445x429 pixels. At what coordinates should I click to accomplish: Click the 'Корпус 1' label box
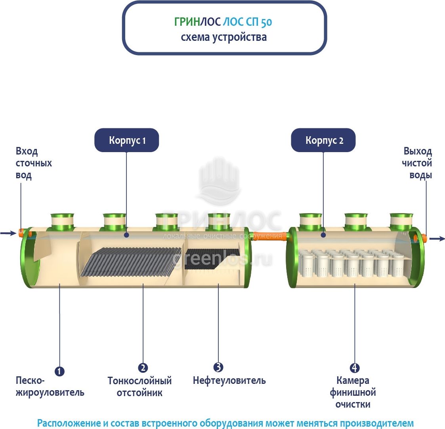[x=127, y=140]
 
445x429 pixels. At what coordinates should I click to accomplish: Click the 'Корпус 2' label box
[x=323, y=140]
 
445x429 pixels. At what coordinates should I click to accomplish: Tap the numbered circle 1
[x=59, y=371]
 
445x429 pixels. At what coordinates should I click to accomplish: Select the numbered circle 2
[x=143, y=368]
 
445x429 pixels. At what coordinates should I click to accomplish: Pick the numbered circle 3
[x=218, y=367]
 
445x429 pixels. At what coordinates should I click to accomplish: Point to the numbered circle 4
[x=355, y=368]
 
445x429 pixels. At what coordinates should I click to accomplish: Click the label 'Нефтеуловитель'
[x=229, y=381]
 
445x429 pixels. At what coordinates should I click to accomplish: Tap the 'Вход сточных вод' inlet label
[x=33, y=163]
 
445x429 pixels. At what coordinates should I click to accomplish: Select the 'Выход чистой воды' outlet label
[x=417, y=163]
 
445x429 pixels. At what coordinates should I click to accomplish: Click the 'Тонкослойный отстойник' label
[x=139, y=387]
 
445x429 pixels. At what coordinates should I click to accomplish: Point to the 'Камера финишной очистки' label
[x=353, y=393]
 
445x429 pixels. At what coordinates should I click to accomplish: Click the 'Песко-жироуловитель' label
[x=50, y=387]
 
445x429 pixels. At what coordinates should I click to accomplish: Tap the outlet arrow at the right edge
[x=437, y=238]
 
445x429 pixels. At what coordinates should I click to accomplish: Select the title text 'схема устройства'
[x=223, y=37]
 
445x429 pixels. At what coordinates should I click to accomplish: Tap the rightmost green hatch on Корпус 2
[x=401, y=221]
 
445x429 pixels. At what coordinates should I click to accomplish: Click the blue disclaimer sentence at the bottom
[x=225, y=423]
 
